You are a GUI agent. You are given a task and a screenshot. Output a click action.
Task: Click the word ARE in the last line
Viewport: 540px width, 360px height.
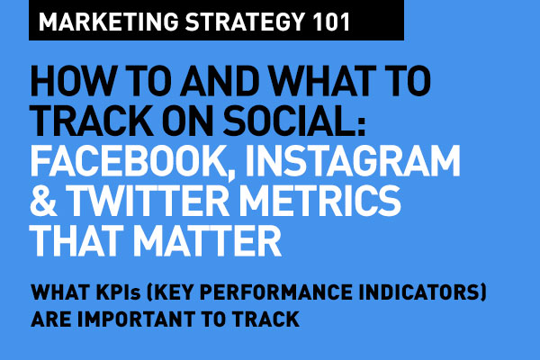click(x=49, y=318)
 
